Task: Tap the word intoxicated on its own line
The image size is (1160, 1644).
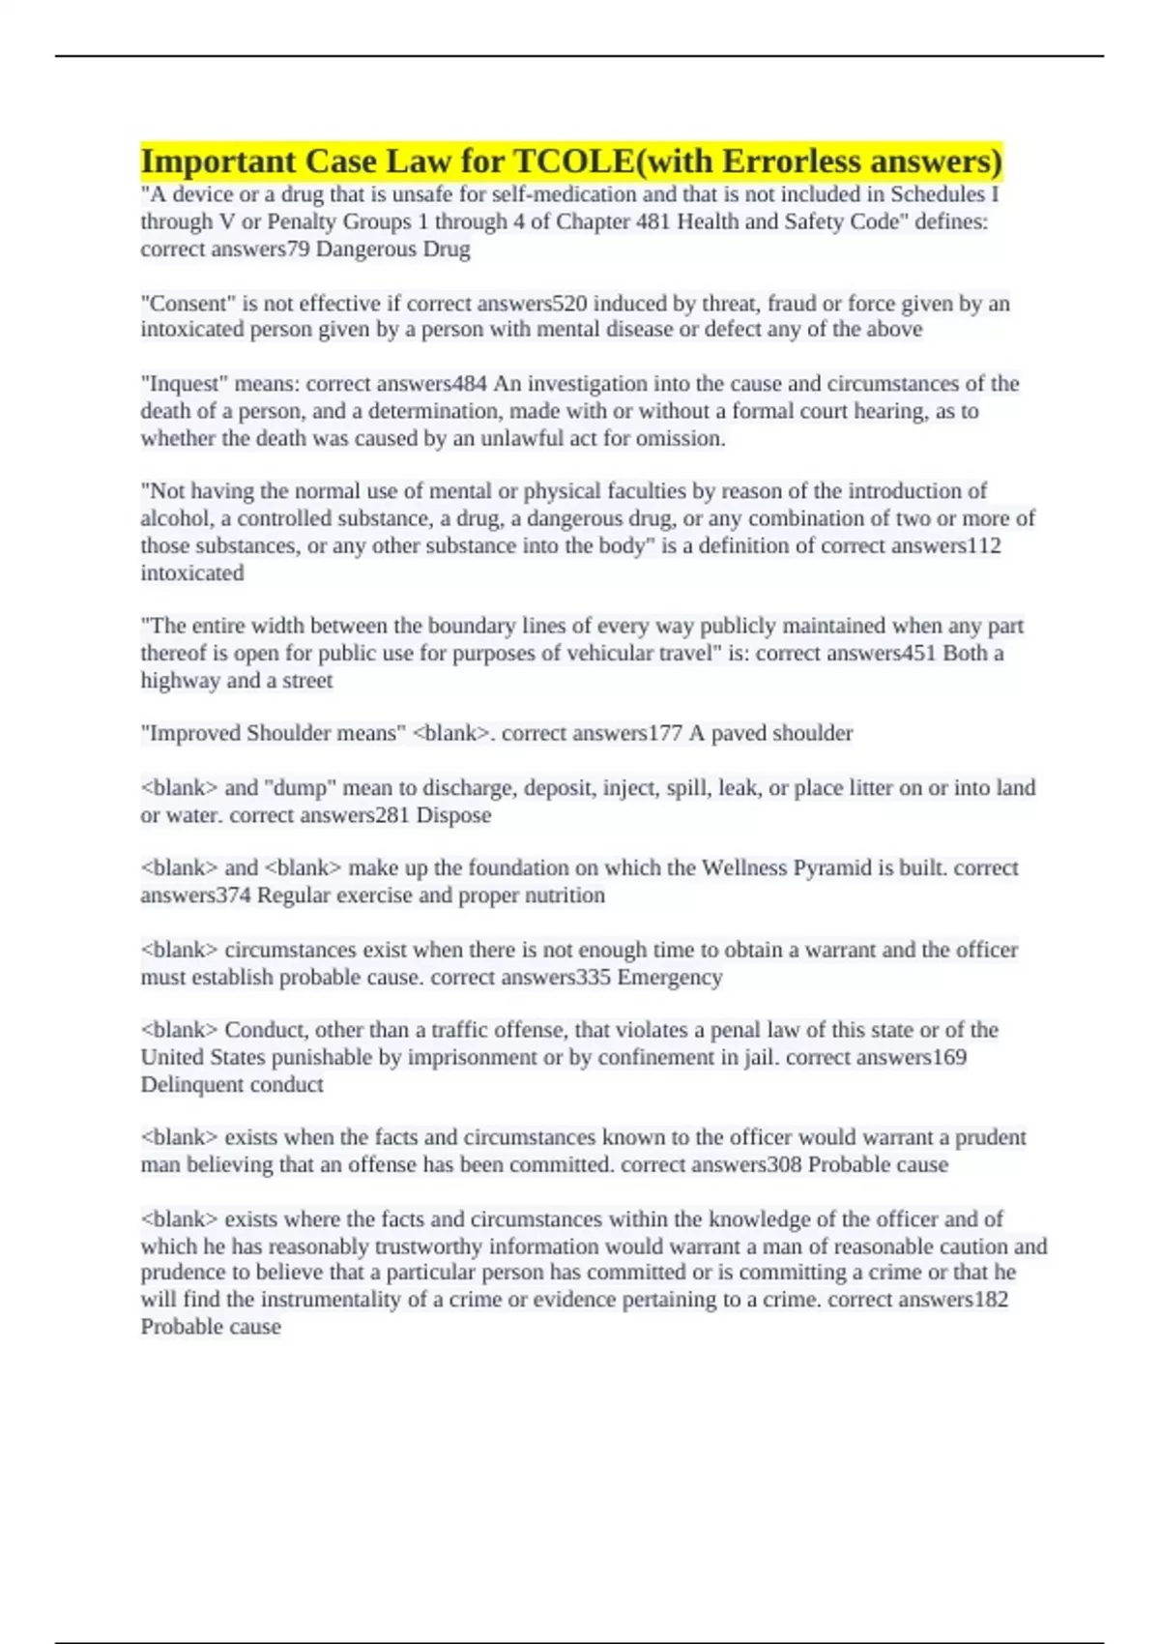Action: tap(192, 572)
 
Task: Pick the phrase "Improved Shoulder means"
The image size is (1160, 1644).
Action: tap(273, 733)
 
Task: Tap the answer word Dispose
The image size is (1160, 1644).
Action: tap(453, 815)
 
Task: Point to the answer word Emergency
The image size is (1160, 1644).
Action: tap(670, 977)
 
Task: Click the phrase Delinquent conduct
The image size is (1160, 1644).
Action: tap(232, 1084)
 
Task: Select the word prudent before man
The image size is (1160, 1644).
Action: tap(991, 1137)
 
